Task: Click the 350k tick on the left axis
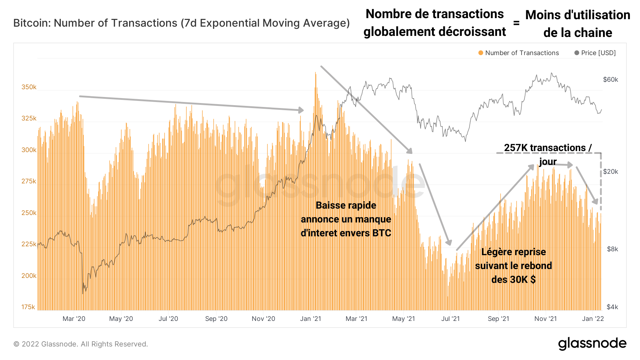pyautogui.click(x=29, y=87)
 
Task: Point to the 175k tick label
pyautogui.click(x=28, y=307)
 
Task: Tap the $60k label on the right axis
pyautogui.click(x=610, y=80)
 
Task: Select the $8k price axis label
pyautogui.click(x=612, y=249)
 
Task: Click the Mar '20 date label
pyautogui.click(x=74, y=319)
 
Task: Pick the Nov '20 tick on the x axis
pyautogui.click(x=263, y=319)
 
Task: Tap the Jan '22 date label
pyautogui.click(x=593, y=319)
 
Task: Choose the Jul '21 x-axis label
pyautogui.click(x=450, y=319)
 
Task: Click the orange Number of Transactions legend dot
pyautogui.click(x=481, y=53)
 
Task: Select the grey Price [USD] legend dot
pyautogui.click(x=577, y=53)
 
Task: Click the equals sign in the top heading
pyautogui.click(x=516, y=23)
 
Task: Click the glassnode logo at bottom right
pyautogui.click(x=592, y=344)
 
